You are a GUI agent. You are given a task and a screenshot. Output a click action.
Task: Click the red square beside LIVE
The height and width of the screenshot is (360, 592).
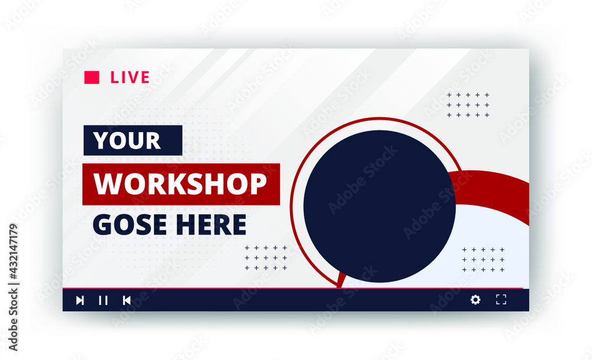[x=92, y=78]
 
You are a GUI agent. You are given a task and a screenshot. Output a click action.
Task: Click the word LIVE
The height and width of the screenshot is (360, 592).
[x=130, y=78]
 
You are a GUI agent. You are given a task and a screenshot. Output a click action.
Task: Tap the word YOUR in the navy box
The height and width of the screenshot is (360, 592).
[x=127, y=140]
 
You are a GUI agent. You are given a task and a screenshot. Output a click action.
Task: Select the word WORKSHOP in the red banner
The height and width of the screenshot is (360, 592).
[x=181, y=184]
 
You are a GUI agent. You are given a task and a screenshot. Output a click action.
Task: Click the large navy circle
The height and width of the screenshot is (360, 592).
[x=379, y=206]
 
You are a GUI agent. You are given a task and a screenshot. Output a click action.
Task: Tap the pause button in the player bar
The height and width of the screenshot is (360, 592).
[x=103, y=300]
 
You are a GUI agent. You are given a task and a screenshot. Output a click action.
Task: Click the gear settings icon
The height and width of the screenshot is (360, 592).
[x=475, y=300]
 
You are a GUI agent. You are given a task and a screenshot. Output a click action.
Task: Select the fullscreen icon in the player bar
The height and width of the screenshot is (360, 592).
[x=501, y=300]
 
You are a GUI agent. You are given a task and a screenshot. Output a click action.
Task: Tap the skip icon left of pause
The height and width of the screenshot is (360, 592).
[x=80, y=300]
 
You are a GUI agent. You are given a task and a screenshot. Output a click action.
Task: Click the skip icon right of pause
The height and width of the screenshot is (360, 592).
[x=126, y=300]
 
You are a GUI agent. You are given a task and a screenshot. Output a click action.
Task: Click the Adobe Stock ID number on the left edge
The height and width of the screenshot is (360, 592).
[x=14, y=261]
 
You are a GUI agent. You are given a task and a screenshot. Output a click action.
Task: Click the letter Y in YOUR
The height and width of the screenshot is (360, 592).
[x=101, y=140]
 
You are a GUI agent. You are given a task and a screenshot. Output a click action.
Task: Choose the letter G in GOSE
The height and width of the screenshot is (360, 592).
[x=102, y=224]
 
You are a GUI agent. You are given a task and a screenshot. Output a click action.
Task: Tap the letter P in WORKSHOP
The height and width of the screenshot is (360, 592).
[x=257, y=184]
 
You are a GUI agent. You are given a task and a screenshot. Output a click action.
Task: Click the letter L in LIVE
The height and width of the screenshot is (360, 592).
[x=114, y=78]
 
